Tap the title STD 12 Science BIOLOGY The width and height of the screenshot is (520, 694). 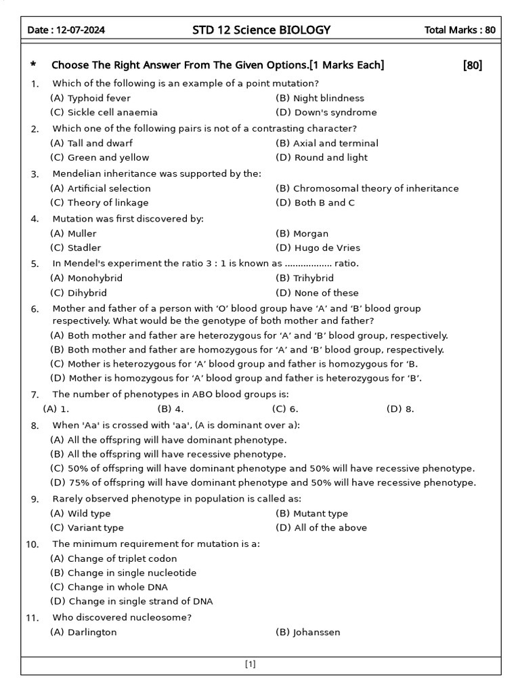click(x=262, y=30)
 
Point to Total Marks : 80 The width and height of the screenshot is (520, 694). click(x=459, y=30)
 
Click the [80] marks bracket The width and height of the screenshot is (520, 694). click(x=473, y=65)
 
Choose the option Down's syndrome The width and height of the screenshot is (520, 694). click(x=326, y=113)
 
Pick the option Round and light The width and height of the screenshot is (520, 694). click(x=322, y=157)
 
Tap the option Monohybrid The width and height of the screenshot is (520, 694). click(x=86, y=278)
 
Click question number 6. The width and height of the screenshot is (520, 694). click(x=35, y=309)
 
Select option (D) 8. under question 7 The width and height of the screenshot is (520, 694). click(x=400, y=409)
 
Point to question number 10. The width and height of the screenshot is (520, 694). click(x=32, y=544)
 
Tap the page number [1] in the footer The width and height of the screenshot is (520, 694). click(x=250, y=664)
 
